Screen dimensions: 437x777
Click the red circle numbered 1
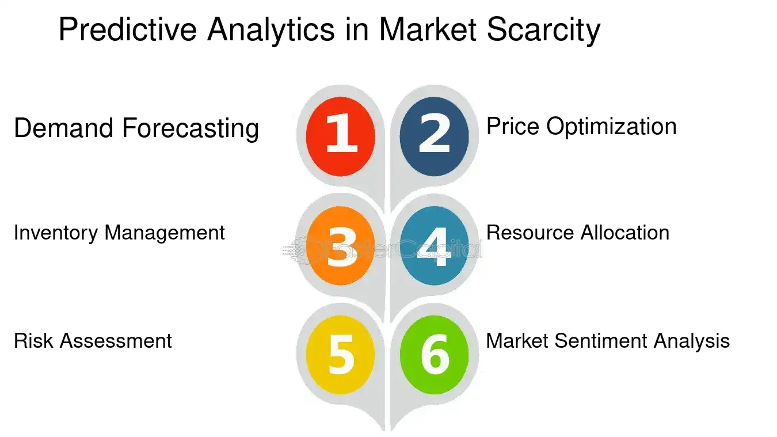[341, 136]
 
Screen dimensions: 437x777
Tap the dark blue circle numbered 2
[435, 136]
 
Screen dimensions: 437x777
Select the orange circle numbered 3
[341, 246]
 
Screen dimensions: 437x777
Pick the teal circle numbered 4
[435, 246]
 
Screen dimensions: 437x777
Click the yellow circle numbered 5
[341, 355]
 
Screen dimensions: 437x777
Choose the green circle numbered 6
[435, 355]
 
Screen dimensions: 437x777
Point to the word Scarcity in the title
[543, 29]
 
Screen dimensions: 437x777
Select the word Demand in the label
[63, 128]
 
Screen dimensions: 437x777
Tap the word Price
[513, 126]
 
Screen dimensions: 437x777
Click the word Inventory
[56, 233]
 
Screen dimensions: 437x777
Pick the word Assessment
[116, 341]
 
